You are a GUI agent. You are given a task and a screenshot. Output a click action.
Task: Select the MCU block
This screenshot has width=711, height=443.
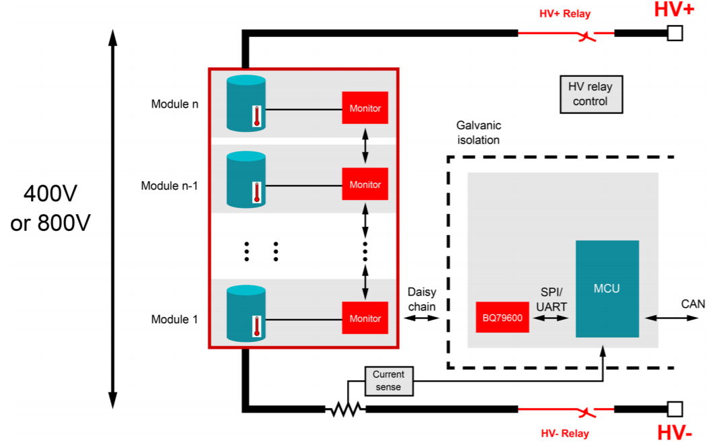tap(607, 288)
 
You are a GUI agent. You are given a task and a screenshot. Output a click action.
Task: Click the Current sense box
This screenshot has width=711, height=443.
tap(388, 381)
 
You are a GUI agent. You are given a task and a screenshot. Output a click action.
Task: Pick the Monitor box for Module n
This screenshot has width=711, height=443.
tap(365, 108)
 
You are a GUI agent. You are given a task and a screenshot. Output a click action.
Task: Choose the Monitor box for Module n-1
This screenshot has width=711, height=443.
tap(365, 184)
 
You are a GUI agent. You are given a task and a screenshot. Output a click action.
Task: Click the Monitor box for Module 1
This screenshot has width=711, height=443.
tap(365, 318)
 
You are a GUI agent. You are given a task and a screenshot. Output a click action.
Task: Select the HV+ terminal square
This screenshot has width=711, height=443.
tap(674, 32)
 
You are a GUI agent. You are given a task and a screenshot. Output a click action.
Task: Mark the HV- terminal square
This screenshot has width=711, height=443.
tap(674, 409)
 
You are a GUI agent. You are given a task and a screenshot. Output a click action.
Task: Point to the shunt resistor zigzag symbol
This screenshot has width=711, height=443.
tap(344, 409)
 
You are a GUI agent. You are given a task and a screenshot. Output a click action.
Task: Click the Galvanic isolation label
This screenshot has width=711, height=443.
tap(478, 133)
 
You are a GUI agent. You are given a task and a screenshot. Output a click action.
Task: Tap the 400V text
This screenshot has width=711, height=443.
tap(50, 194)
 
